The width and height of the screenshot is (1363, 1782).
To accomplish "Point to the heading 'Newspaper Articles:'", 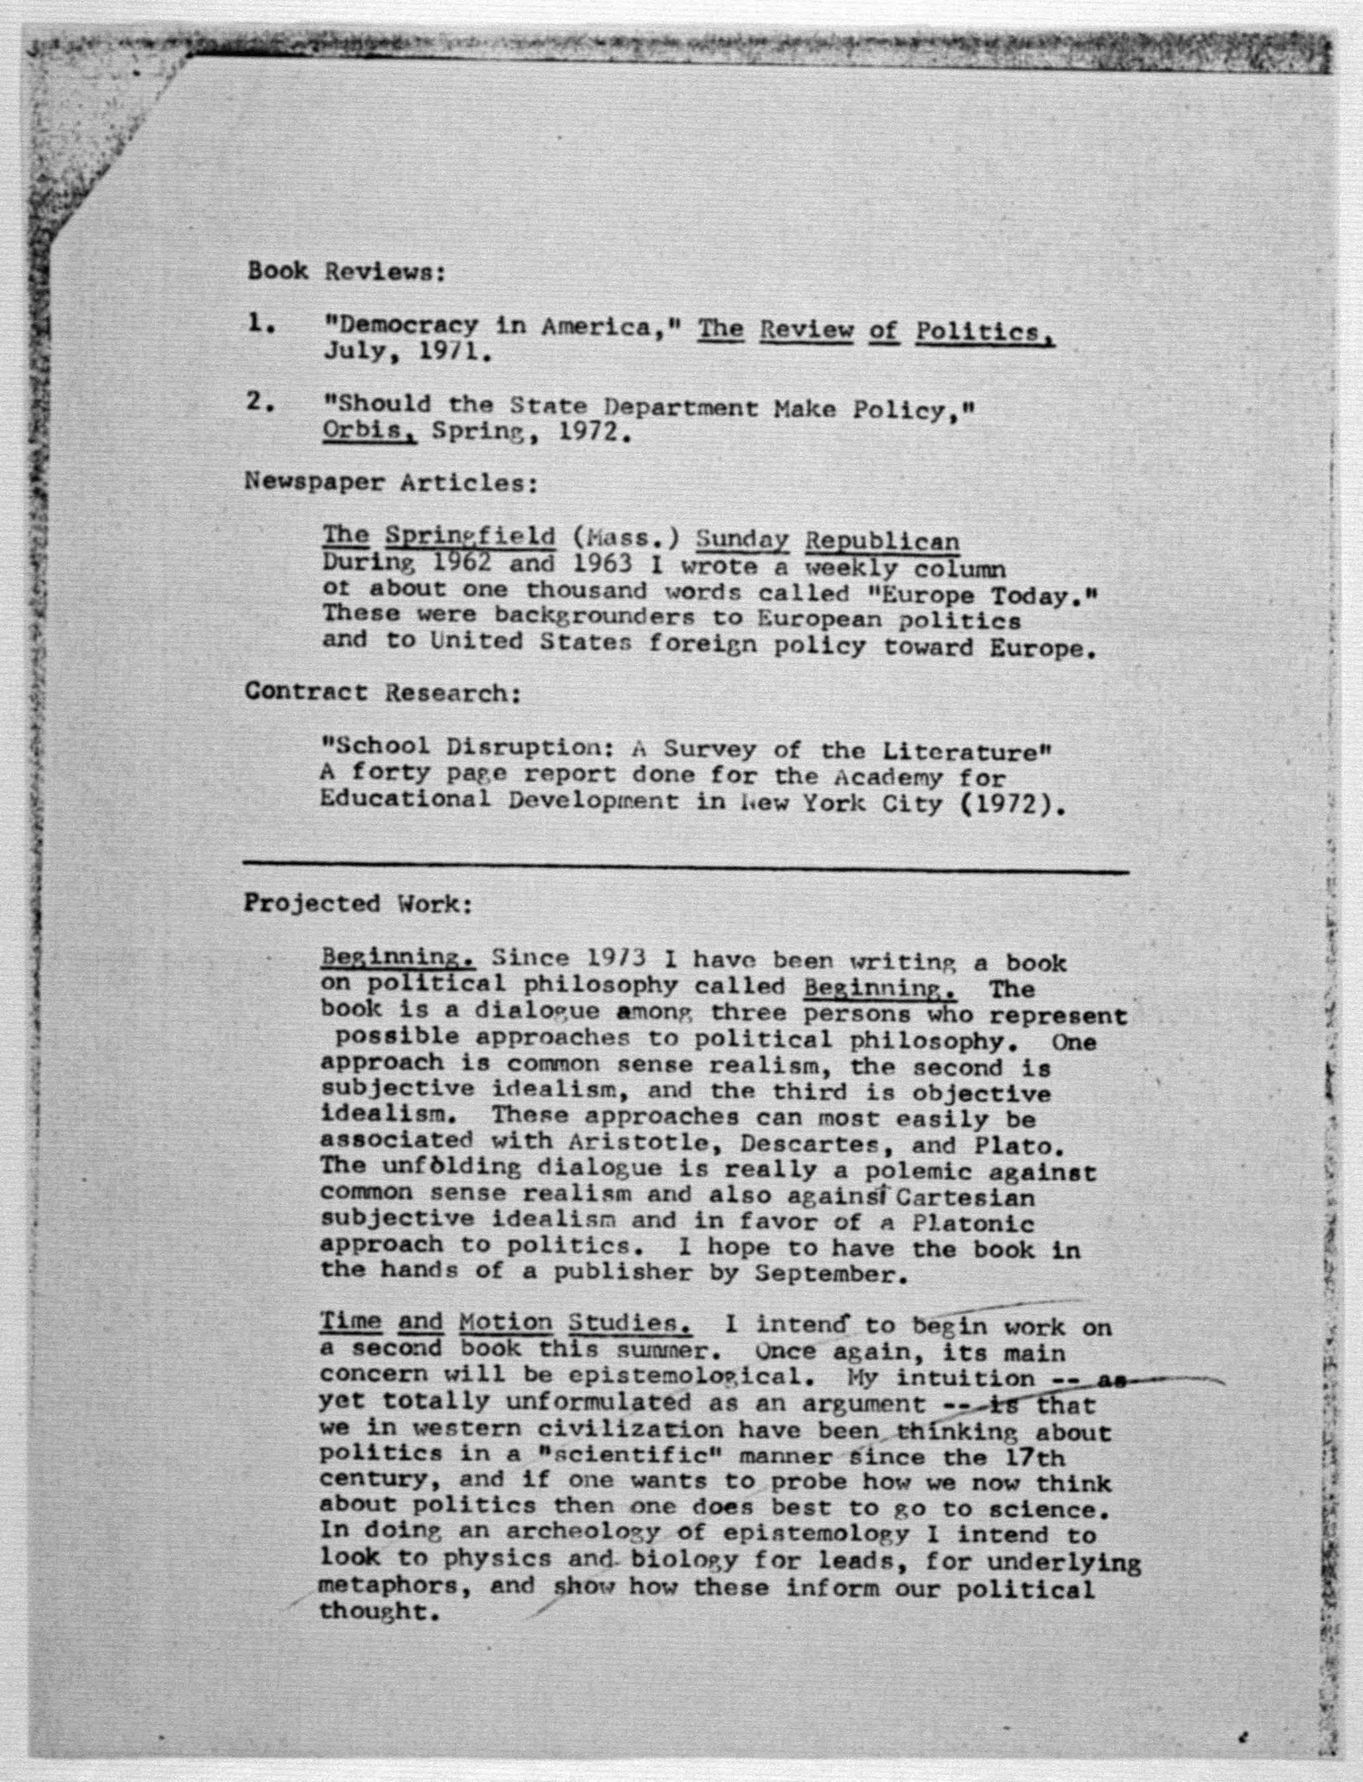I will (391, 482).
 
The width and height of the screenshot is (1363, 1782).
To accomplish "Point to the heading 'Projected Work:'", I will (357, 903).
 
